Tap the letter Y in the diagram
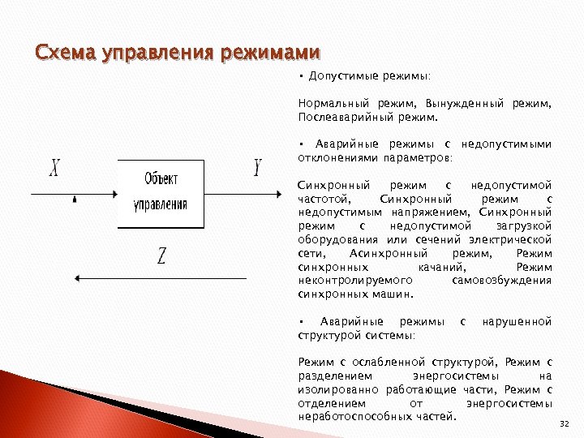click(257, 169)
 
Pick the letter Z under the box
click(161, 257)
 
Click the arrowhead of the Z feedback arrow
click(78, 278)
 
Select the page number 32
click(565, 423)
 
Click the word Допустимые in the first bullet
click(340, 76)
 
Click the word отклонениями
click(332, 157)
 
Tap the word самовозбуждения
click(500, 280)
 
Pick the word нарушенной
click(517, 321)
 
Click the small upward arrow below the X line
click(75, 198)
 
